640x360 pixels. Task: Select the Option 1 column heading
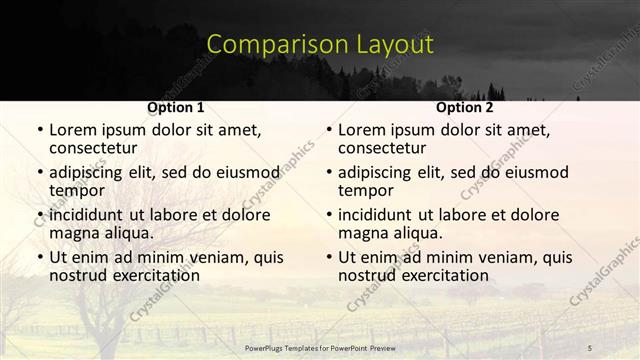pos(175,107)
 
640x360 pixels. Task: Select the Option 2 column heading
pos(464,107)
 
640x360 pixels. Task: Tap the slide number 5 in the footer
pos(589,347)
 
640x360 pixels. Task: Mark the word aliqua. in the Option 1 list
pos(127,233)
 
